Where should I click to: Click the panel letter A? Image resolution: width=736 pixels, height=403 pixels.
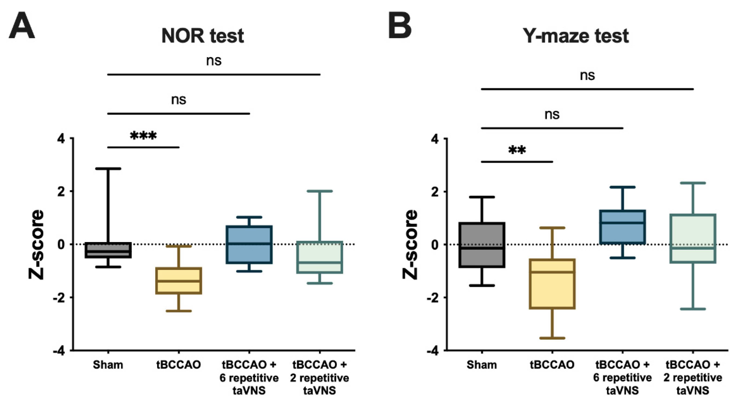[x=22, y=26]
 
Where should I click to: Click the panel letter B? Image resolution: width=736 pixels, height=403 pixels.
[x=400, y=26]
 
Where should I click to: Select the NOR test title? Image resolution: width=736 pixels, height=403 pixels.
[x=203, y=36]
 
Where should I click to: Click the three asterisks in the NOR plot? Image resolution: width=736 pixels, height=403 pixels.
[x=143, y=136]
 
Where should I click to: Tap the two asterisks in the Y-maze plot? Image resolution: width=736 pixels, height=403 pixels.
[x=517, y=150]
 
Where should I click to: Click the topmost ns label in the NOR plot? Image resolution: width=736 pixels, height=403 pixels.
[x=214, y=61]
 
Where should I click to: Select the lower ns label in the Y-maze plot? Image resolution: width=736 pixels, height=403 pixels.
[x=552, y=115]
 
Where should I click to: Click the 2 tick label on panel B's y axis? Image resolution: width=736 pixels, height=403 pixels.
[x=434, y=192]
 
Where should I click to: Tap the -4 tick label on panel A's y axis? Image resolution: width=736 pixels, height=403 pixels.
[x=59, y=351]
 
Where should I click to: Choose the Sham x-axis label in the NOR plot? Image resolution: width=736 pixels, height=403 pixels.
[x=108, y=365]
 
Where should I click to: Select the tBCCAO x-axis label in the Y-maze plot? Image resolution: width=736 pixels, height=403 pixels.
[x=552, y=365]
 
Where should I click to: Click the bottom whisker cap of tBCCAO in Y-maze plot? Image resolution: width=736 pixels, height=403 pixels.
[x=552, y=338]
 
